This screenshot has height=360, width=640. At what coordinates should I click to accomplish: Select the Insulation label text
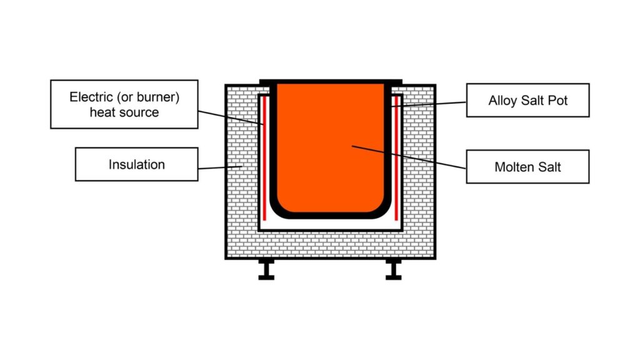[x=137, y=165]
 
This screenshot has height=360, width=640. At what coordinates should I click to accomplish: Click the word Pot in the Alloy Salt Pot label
[x=557, y=100]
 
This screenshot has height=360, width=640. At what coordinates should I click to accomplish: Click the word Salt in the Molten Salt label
[x=548, y=167]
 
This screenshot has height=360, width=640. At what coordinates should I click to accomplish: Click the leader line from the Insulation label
[x=219, y=167]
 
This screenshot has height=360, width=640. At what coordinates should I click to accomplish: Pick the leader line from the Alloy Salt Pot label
[x=431, y=104]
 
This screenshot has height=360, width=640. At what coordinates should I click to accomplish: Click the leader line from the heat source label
[x=231, y=119]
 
